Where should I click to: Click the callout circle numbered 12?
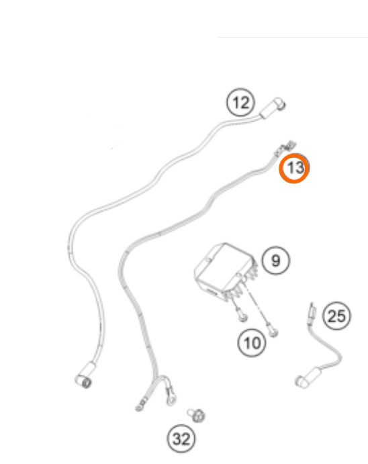(240, 102)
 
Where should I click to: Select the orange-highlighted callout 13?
(294, 168)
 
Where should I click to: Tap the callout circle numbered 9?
(276, 261)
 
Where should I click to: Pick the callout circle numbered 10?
(252, 342)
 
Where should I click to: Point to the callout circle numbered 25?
(337, 316)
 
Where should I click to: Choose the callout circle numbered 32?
(181, 438)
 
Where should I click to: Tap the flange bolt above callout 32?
(197, 415)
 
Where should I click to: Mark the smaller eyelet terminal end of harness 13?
(142, 405)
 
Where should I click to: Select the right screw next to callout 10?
(273, 332)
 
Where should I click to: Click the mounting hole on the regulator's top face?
(209, 260)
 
